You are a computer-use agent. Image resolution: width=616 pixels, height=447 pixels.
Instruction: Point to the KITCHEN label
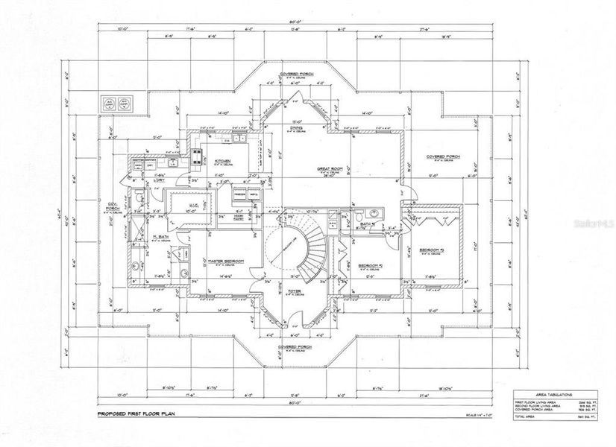coord(222,161)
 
